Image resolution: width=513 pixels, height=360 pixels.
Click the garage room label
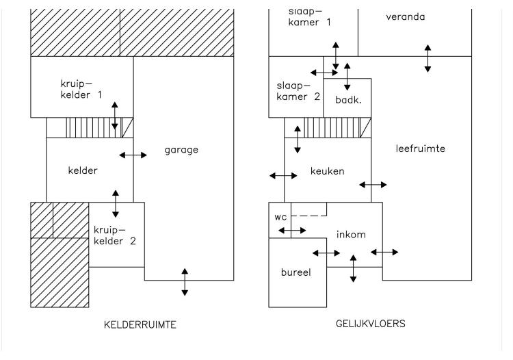pos(181,150)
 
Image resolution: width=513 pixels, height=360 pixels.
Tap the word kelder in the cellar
pos(83,170)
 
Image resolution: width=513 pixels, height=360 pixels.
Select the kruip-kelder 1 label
pos(81,89)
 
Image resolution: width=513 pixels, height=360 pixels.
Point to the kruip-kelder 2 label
pos(114,235)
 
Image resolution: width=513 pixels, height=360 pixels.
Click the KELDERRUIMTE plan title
pos(140,324)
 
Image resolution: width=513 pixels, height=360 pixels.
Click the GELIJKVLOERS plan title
pos(370,324)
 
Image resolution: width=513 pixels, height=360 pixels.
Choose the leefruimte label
pos(421,149)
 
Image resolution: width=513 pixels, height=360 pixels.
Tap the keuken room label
pos(327,171)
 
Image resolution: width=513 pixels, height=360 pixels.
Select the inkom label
pos(351,234)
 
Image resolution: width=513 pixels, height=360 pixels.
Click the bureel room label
pos(295,272)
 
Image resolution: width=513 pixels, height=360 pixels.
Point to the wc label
pos(280,217)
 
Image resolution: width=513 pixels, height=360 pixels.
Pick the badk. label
pos(348,100)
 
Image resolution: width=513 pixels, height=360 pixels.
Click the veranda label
pos(406,16)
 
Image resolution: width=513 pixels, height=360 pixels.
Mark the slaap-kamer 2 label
pos(298,91)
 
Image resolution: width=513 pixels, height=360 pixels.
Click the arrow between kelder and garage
pos(133,155)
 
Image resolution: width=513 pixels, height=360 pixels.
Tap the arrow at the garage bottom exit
pos(185,282)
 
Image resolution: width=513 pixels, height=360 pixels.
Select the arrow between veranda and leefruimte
pos(428,59)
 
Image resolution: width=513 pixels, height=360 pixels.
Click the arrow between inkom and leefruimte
pos(384,252)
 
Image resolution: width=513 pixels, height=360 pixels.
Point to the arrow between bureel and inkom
pos(326,253)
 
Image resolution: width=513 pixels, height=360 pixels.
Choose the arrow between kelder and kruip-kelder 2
pos(116,204)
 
